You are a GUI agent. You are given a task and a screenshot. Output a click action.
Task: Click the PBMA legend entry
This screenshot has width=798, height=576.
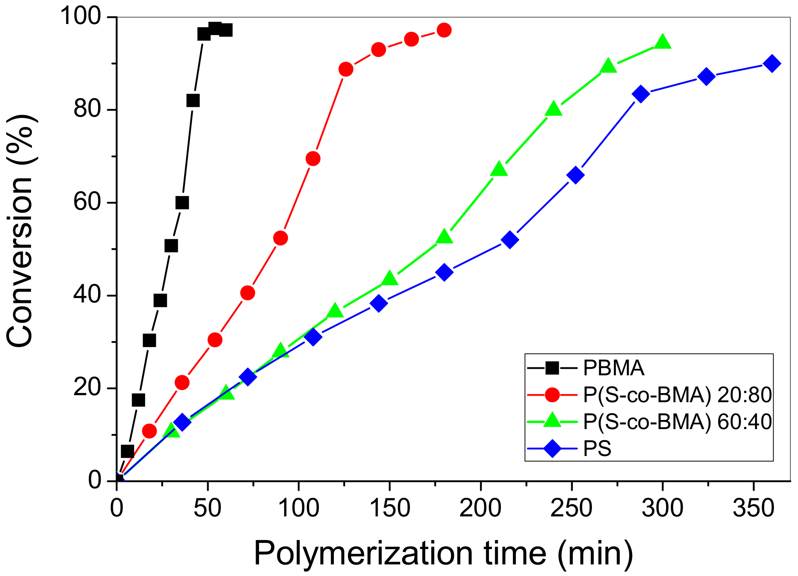click(x=613, y=368)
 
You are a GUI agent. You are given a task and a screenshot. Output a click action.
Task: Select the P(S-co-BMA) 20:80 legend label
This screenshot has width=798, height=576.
click(x=677, y=395)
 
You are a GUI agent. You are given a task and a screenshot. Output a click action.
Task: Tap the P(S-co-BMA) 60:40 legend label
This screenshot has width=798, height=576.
click(x=677, y=422)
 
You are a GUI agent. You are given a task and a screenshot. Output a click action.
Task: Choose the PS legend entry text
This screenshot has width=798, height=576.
click(x=597, y=449)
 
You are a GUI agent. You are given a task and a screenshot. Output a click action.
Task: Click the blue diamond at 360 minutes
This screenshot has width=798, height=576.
click(x=772, y=64)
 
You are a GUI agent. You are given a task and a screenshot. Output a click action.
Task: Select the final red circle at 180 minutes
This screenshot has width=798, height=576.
click(x=444, y=30)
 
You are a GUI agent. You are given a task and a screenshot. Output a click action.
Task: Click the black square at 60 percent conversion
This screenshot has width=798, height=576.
click(x=182, y=203)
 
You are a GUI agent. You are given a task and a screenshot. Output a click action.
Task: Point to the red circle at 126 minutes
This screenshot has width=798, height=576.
click(x=346, y=70)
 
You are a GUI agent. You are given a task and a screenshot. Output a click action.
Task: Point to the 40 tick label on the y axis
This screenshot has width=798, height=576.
click(x=87, y=295)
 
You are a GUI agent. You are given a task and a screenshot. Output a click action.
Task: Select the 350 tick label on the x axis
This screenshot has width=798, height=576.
click(x=753, y=508)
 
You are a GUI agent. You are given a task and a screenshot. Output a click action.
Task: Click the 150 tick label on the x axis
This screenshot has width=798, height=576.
click(x=389, y=508)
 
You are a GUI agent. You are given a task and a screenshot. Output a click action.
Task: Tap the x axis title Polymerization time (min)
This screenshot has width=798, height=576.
click(x=443, y=554)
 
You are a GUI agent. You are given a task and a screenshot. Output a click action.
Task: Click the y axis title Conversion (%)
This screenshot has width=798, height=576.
click(x=20, y=232)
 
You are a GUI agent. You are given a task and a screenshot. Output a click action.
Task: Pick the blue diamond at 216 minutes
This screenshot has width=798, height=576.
click(x=510, y=240)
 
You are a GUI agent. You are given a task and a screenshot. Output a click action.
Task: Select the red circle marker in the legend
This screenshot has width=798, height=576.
click(x=552, y=395)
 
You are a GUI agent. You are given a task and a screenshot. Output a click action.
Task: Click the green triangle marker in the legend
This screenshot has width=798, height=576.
click(x=552, y=421)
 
